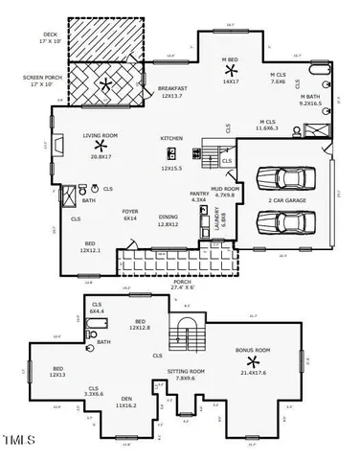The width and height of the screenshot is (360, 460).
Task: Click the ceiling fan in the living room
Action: pyautogui.click(x=100, y=145)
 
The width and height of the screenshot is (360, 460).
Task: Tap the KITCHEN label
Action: pyautogui.click(x=171, y=139)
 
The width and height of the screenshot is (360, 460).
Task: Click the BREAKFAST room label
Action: pyautogui.click(x=173, y=89)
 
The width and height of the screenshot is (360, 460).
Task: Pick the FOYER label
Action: pyautogui.click(x=130, y=211)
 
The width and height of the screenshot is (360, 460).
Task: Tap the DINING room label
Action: pyautogui.click(x=169, y=218)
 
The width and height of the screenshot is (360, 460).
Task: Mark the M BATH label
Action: pyautogui.click(x=309, y=97)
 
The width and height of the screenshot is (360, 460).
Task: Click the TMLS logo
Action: pyautogui.click(x=20, y=442)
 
